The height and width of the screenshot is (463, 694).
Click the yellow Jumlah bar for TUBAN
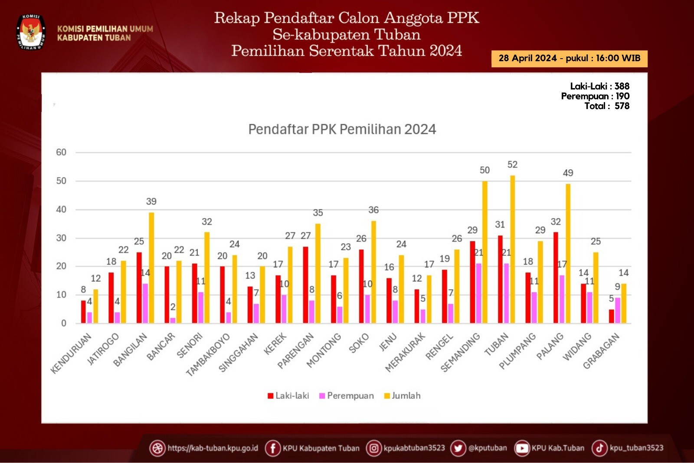[x=512, y=249]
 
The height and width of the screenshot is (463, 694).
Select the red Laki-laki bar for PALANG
[x=556, y=278]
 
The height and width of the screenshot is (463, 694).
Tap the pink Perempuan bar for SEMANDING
[x=478, y=294]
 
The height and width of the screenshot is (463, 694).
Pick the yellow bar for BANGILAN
[x=151, y=268]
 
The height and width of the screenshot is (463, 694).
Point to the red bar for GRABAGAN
[x=611, y=316]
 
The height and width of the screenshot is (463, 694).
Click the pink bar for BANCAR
[x=173, y=321]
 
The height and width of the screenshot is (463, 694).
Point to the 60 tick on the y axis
[x=61, y=152]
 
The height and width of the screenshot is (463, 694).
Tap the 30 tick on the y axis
[x=61, y=238]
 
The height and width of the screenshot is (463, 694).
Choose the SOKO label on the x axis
[x=359, y=343]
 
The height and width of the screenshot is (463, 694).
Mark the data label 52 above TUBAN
[x=512, y=165]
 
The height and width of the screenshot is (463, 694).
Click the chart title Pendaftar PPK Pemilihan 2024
[x=342, y=129]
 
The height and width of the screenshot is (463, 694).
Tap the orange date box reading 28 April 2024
[x=569, y=58]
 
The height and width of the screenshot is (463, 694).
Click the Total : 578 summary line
[x=606, y=106]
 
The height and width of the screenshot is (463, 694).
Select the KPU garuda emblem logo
[x=31, y=32]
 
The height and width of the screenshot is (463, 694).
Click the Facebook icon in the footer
[x=272, y=448]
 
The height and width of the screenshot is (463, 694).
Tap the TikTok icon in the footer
[x=599, y=448]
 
